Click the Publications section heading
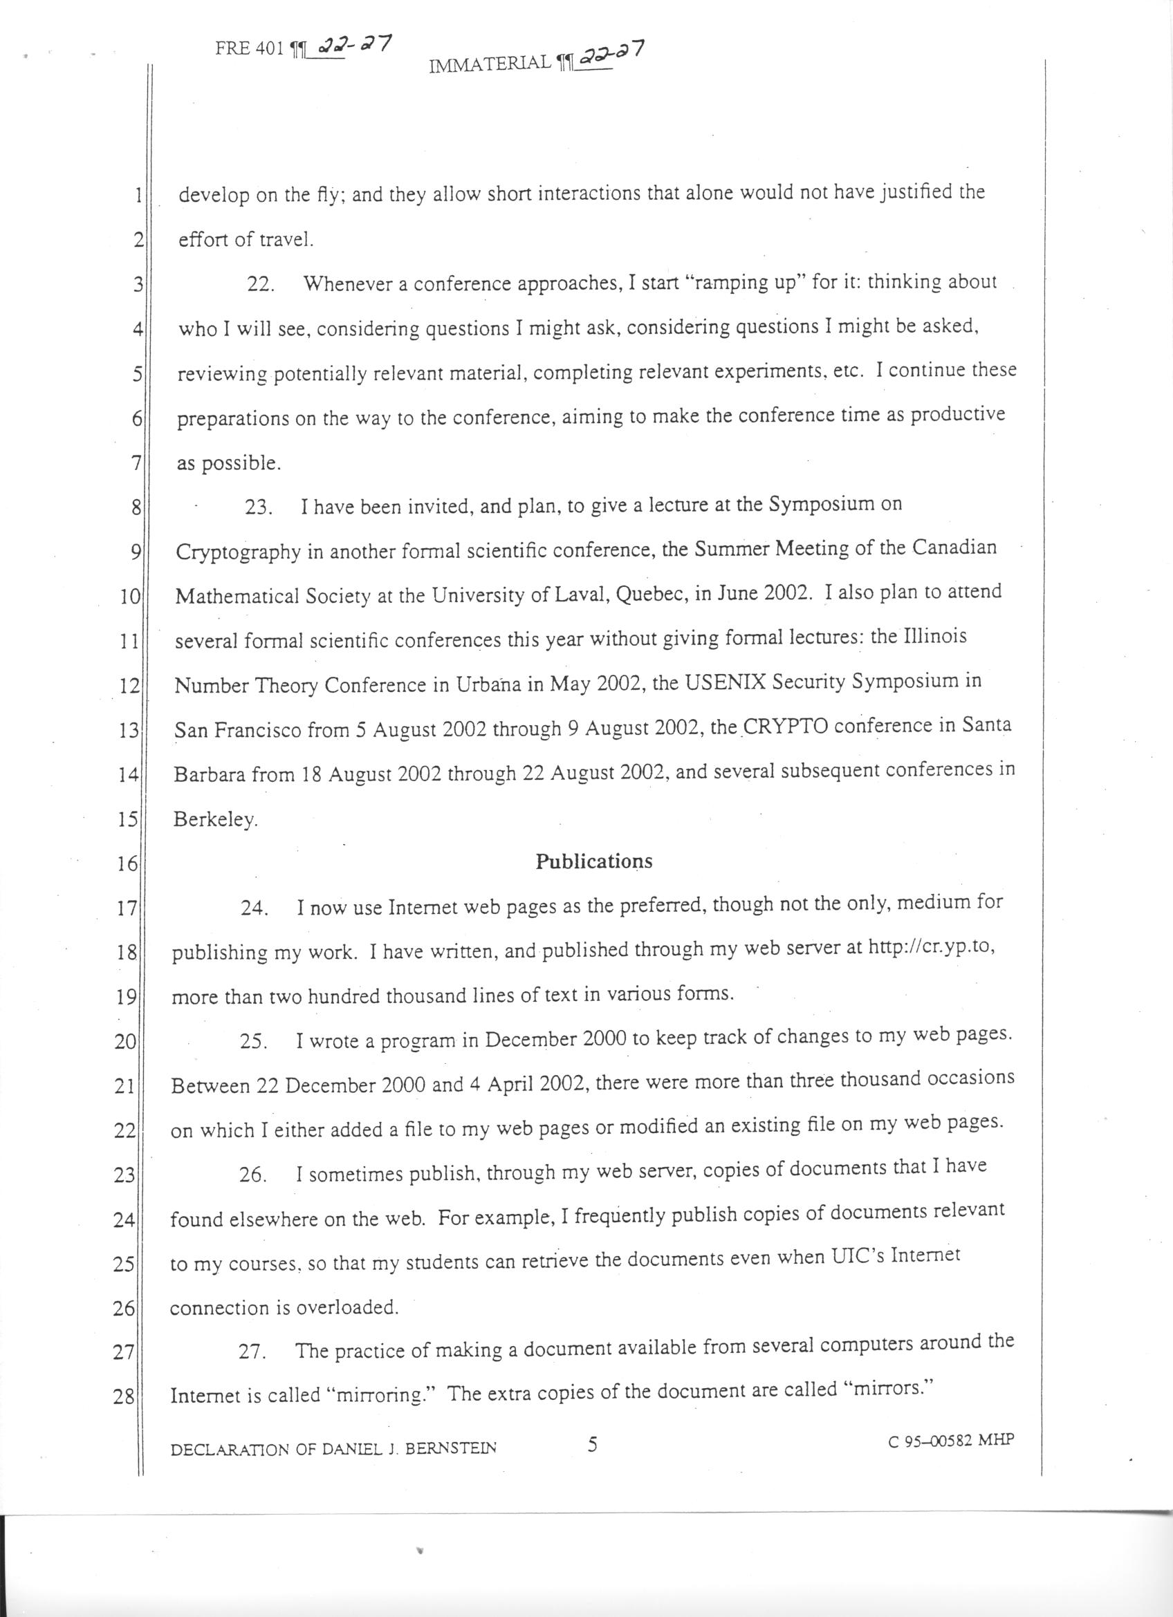click(593, 861)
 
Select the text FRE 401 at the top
click(250, 49)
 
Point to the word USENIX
click(726, 682)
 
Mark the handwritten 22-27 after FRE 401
click(353, 46)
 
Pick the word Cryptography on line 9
click(237, 551)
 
